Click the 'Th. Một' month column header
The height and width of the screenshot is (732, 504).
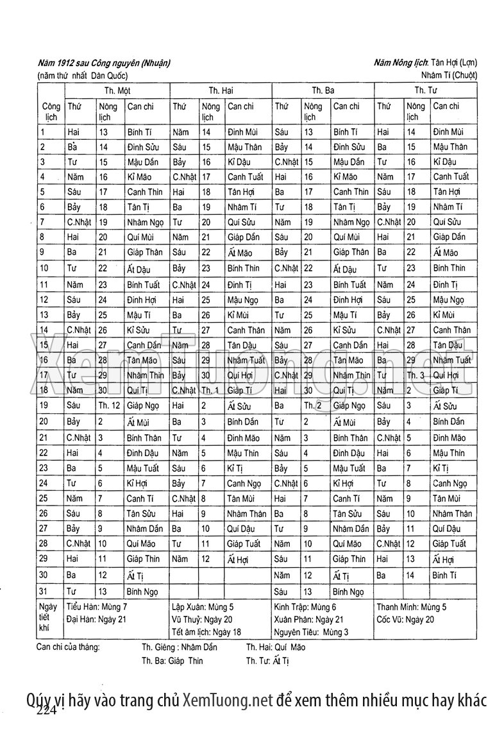117,91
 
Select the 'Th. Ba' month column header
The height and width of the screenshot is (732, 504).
323,91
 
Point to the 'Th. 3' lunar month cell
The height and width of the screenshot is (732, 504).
417,375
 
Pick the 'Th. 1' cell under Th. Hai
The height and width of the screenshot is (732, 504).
210,390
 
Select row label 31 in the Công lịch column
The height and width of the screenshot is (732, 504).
44,592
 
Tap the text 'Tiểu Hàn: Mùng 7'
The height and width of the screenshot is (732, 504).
97,606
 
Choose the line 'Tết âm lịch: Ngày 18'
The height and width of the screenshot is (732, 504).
206,632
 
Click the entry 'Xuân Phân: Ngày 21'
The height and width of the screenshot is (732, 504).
308,619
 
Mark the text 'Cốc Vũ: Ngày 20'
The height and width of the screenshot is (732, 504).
405,619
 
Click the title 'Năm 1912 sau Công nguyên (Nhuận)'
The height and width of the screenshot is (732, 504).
104,63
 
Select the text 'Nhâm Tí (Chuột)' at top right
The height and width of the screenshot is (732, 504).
446,75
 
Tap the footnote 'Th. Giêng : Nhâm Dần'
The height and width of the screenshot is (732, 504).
180,647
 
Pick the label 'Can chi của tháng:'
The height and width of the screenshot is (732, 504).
69,647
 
